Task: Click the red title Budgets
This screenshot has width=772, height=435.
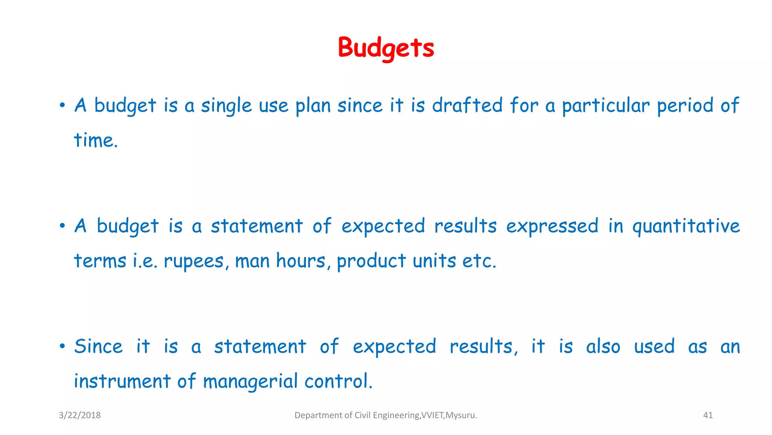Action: click(386, 48)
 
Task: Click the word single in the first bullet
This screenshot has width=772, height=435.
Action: click(226, 105)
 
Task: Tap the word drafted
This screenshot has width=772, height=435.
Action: click(467, 105)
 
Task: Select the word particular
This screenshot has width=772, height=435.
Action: click(606, 105)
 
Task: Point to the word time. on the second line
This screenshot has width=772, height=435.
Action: click(96, 140)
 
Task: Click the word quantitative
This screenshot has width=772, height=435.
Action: click(686, 226)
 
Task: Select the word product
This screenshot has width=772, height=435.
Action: click(371, 261)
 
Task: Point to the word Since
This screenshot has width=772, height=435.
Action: click(98, 347)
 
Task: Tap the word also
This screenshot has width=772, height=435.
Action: click(603, 347)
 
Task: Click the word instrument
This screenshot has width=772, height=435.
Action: click(122, 381)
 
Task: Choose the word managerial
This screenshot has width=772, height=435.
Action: click(250, 381)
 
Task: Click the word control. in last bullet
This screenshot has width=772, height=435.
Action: click(338, 381)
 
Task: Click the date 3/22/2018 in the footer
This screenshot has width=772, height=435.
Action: click(80, 415)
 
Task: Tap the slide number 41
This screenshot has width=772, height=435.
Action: click(708, 415)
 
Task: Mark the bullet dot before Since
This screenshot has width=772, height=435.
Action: click(62, 347)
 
